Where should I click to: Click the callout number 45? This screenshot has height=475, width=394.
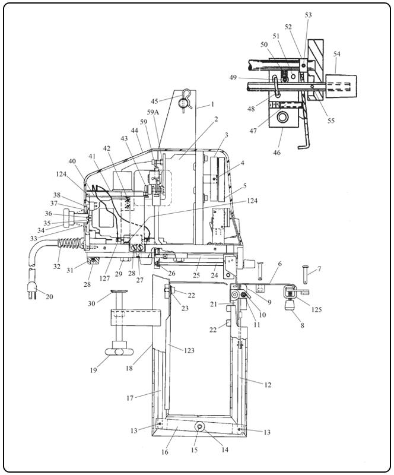[x=154, y=100]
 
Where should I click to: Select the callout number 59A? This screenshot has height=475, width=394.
[x=153, y=112]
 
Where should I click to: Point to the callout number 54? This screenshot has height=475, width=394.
[x=337, y=54]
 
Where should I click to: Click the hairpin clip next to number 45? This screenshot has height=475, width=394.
[x=185, y=99]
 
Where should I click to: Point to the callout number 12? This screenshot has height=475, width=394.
[x=268, y=385]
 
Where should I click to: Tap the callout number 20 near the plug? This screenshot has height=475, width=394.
[x=49, y=297]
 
